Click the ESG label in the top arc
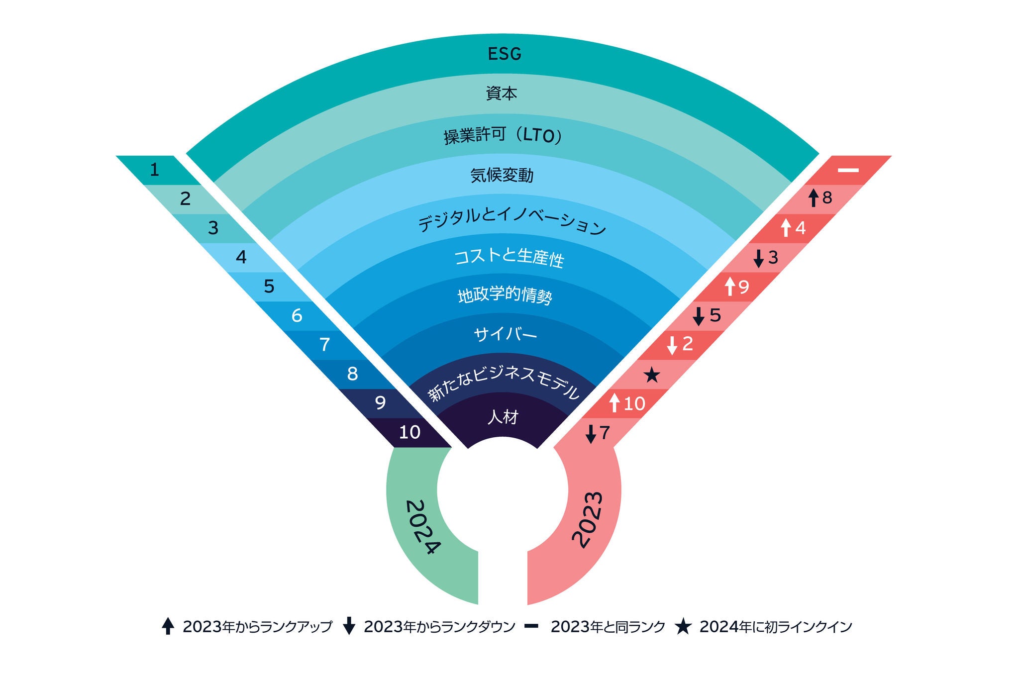click(505, 54)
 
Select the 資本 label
click(502, 94)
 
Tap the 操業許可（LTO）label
click(503, 135)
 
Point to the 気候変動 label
click(502, 175)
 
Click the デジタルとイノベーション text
click(511, 222)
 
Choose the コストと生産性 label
click(509, 257)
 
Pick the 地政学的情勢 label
click(505, 296)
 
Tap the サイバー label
click(506, 335)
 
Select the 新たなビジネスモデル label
click(504, 384)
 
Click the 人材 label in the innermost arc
click(503, 417)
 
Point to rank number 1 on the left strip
click(154, 170)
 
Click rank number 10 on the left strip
click(409, 432)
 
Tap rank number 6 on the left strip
click(297, 315)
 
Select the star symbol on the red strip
click(652, 375)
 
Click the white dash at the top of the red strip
click(848, 170)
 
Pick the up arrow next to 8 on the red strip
click(814, 197)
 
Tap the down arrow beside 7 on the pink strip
click(591, 433)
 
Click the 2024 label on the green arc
click(423, 527)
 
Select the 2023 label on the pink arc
click(588, 520)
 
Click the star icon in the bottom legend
click(683, 627)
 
